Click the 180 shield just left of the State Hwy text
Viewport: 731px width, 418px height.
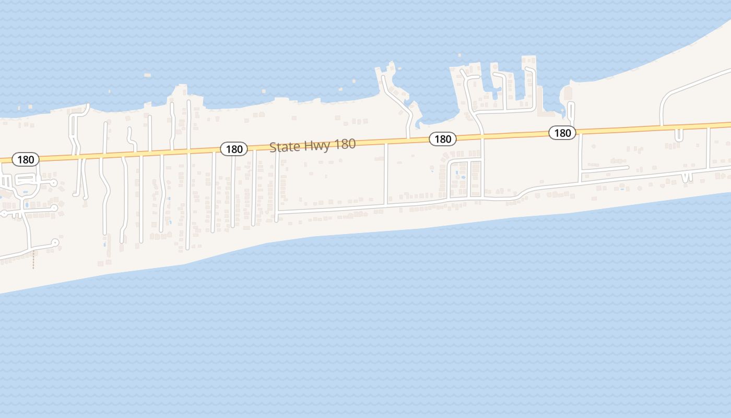coord(234,149)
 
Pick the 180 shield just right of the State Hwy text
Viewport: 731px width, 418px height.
coord(443,138)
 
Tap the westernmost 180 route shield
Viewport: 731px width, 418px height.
coord(26,159)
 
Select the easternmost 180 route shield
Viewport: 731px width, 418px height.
coord(562,133)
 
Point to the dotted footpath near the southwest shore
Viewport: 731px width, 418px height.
coord(33,260)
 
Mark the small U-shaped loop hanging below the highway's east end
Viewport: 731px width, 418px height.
coord(679,135)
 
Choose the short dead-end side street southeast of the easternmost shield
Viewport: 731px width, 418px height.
coord(606,169)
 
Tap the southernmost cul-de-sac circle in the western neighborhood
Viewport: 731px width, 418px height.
coord(55,242)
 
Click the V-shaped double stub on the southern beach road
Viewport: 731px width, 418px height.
coord(687,177)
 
